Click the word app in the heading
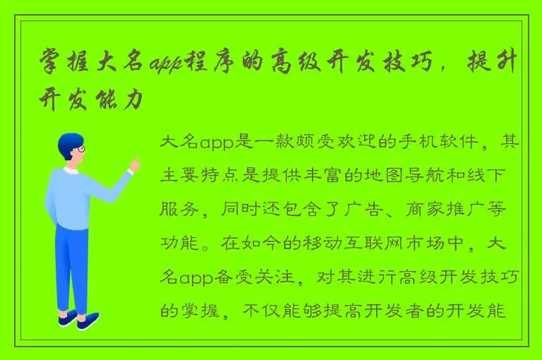pos(165,64)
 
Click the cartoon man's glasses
pos(80,150)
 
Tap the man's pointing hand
pos(135,164)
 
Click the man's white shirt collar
pos(71,170)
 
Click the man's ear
pos(71,155)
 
